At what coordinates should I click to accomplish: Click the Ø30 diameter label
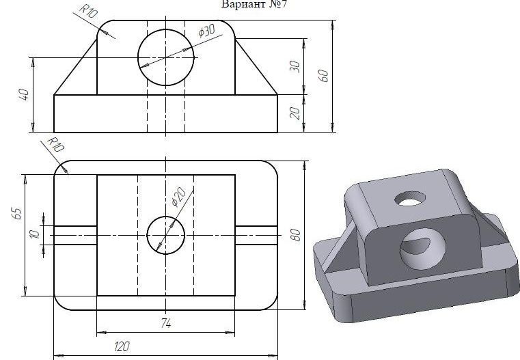[206, 31]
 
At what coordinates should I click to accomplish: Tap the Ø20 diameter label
[178, 197]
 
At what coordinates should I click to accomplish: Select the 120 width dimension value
[122, 346]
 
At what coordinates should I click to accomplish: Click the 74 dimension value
[166, 322]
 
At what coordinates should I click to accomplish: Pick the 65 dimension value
[17, 214]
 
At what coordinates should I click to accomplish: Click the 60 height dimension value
[323, 76]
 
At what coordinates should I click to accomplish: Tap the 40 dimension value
[25, 94]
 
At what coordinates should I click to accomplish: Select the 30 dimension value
[295, 67]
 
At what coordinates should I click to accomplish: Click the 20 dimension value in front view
[295, 113]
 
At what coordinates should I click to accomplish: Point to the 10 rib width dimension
[35, 235]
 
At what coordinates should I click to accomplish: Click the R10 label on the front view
[89, 11]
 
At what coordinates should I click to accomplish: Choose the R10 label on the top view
[55, 145]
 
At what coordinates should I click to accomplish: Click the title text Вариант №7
[254, 4]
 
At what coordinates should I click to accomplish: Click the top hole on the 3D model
[410, 198]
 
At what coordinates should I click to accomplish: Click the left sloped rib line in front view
[76, 67]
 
